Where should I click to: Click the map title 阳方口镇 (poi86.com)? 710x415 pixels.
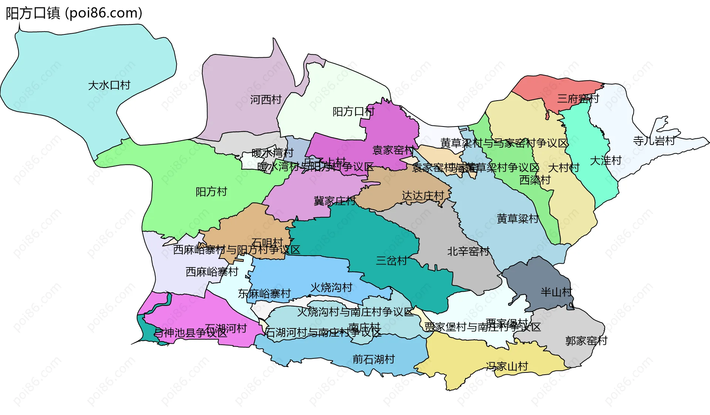pyautogui.click(x=74, y=13)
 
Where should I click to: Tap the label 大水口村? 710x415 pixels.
pyautogui.click(x=109, y=85)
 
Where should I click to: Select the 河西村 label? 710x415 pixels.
pyautogui.click(x=266, y=99)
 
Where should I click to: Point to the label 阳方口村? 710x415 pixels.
pyautogui.click(x=354, y=111)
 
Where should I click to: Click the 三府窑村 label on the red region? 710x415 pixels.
pyautogui.click(x=578, y=99)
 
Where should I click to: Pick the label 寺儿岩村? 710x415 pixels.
pyautogui.click(x=654, y=141)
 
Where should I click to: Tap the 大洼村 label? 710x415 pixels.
pyautogui.click(x=605, y=161)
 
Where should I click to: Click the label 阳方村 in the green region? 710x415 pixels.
pyautogui.click(x=211, y=192)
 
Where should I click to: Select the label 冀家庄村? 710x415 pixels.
pyautogui.click(x=335, y=201)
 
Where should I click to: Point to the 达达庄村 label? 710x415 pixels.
pyautogui.click(x=423, y=196)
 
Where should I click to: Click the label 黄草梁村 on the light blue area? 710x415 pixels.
pyautogui.click(x=518, y=219)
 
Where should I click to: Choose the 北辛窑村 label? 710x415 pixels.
pyautogui.click(x=468, y=252)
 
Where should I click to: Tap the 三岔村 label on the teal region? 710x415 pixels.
pyautogui.click(x=391, y=261)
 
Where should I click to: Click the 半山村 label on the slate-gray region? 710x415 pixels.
pyautogui.click(x=556, y=292)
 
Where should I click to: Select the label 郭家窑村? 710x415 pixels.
pyautogui.click(x=586, y=341)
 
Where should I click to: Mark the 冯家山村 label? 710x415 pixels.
pyautogui.click(x=507, y=367)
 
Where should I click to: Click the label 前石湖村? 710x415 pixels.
pyautogui.click(x=373, y=359)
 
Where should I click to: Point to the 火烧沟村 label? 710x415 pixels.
pyautogui.click(x=331, y=287)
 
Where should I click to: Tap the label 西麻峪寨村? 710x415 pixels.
pyautogui.click(x=212, y=272)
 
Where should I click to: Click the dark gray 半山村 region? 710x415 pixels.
pyautogui.click(x=532, y=277)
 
